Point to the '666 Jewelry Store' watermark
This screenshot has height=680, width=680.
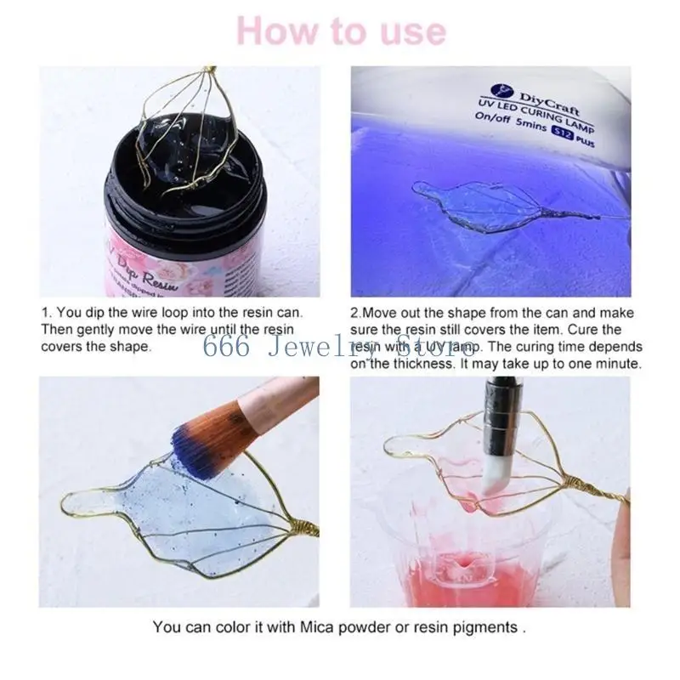[x=340, y=346]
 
